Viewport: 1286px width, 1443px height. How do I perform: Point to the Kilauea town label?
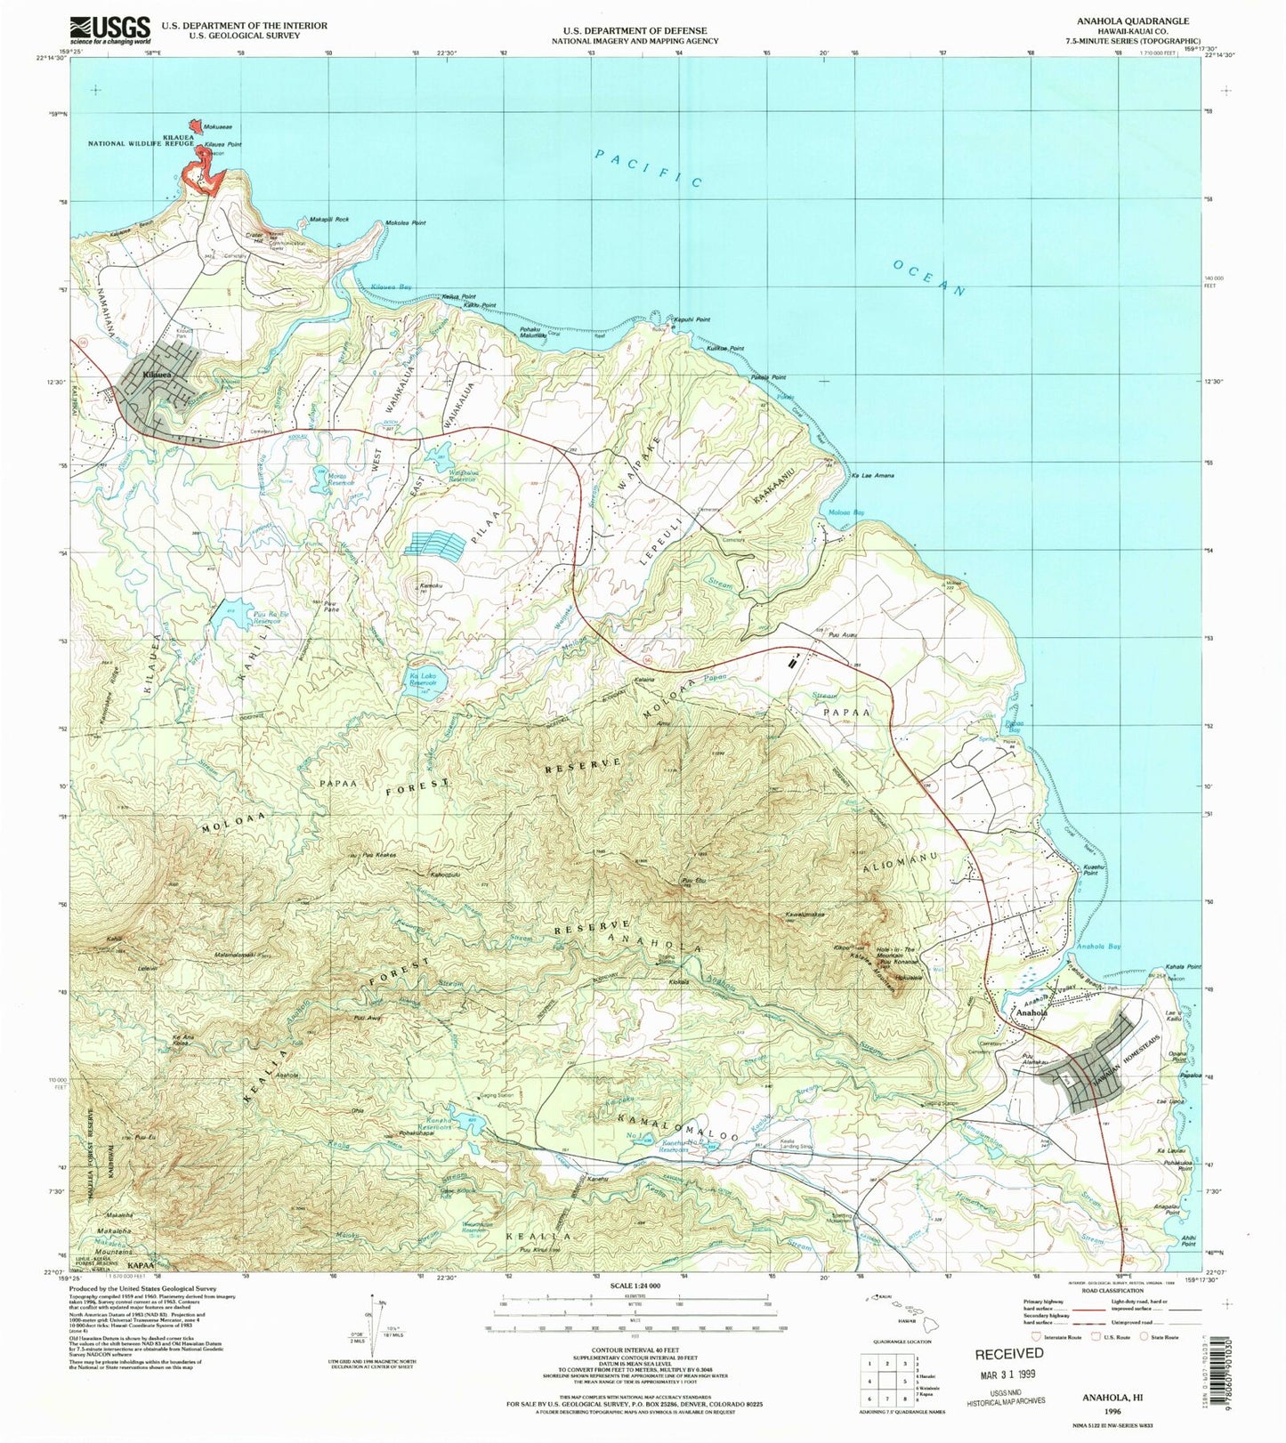pos(157,375)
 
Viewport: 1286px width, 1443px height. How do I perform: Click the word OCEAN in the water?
pos(928,278)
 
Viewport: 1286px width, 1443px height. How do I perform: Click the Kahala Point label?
pos(1182,967)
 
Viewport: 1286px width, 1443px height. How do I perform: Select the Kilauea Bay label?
pos(391,287)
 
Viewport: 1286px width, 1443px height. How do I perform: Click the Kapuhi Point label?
pos(691,319)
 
